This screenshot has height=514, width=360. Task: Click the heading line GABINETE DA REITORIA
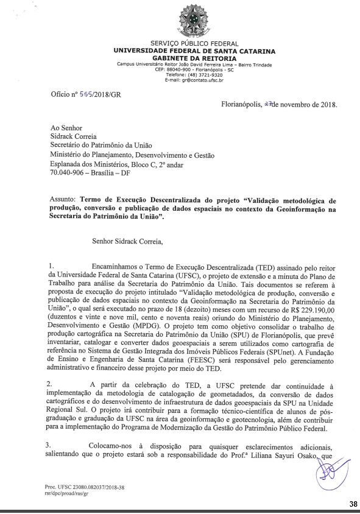194,58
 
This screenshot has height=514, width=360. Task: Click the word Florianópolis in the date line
242,104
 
